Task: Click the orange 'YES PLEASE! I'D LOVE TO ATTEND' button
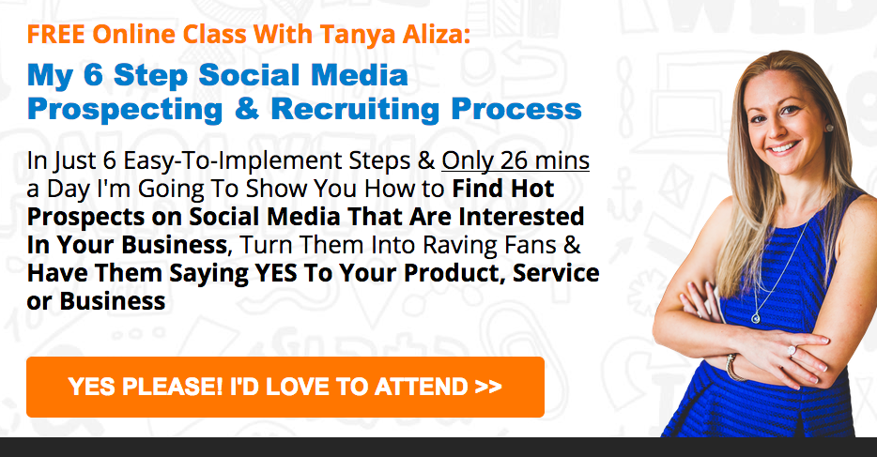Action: tap(285, 387)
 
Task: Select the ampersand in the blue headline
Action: tap(247, 108)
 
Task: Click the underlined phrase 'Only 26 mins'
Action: tap(515, 160)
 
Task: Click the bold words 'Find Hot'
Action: tap(503, 189)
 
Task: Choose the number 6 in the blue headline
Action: tap(93, 75)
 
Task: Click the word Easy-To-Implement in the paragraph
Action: tap(233, 161)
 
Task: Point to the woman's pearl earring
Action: tap(829, 128)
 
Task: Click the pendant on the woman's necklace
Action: tap(756, 317)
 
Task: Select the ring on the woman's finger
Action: tap(792, 351)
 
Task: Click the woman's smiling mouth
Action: tap(784, 148)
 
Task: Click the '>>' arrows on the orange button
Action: tap(487, 387)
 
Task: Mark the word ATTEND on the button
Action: tap(422, 387)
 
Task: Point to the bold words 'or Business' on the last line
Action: tap(96, 301)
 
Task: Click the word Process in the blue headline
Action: tap(516, 108)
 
